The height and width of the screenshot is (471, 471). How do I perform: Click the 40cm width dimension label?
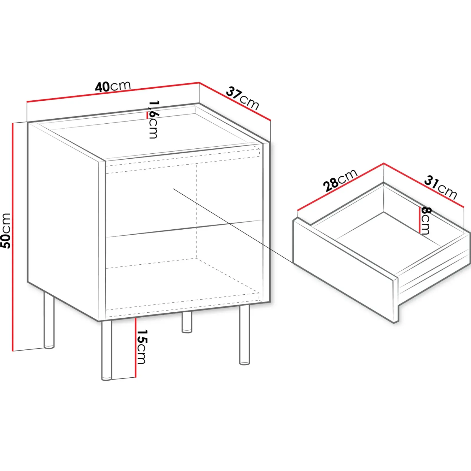tap(113, 86)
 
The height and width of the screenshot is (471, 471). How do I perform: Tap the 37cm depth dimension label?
tap(242, 98)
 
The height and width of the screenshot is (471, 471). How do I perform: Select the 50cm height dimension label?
tap(6, 230)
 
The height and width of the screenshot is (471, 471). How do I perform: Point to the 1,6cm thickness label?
tap(153, 119)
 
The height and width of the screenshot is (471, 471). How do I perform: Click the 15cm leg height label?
tap(142, 346)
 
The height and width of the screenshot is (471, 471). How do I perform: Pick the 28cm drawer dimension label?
tap(340, 180)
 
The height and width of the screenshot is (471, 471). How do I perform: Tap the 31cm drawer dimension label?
tap(441, 188)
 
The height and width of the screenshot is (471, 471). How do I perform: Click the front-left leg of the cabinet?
tap(106, 350)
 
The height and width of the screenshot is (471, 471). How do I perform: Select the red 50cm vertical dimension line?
tap(13, 237)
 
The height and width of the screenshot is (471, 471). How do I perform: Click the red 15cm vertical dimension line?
tap(135, 347)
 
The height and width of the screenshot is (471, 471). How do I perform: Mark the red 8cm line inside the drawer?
tap(420, 220)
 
